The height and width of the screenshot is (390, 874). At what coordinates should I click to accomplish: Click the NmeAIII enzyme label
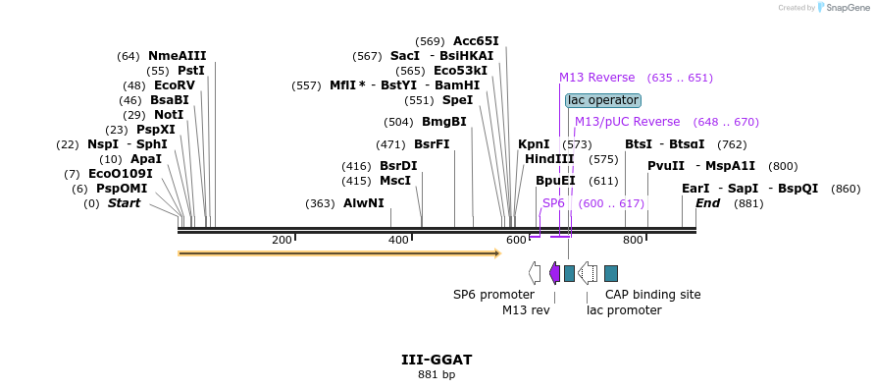tap(177, 56)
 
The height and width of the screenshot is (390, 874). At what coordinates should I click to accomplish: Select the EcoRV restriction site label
tap(175, 85)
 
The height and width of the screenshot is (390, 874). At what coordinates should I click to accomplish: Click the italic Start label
tap(124, 203)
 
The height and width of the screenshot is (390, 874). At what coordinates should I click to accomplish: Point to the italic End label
tap(707, 203)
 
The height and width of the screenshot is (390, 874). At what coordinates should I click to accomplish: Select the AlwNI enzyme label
tap(364, 203)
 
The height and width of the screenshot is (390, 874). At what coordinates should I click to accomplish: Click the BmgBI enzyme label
tap(443, 122)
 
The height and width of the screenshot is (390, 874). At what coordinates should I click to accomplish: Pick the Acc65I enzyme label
tap(476, 41)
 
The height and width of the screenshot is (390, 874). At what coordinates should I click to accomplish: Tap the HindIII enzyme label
tap(549, 158)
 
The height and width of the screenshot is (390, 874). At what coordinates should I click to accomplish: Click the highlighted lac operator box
tap(603, 100)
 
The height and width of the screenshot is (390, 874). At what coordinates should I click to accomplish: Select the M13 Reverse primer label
tap(597, 78)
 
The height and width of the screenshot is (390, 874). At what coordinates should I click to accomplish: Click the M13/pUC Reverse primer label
tap(627, 122)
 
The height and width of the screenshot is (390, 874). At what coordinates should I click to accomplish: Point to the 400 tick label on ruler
tap(398, 241)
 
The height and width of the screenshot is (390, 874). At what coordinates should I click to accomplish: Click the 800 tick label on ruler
tap(633, 241)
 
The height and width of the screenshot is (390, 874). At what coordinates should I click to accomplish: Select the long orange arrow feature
tap(339, 253)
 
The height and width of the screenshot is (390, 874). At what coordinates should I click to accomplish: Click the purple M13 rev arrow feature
tap(554, 273)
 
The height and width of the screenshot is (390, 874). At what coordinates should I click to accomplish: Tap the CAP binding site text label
tap(652, 295)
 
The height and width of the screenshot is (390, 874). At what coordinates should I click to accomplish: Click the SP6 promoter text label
tap(493, 295)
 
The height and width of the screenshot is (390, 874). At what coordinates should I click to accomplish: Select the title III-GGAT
tap(437, 360)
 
